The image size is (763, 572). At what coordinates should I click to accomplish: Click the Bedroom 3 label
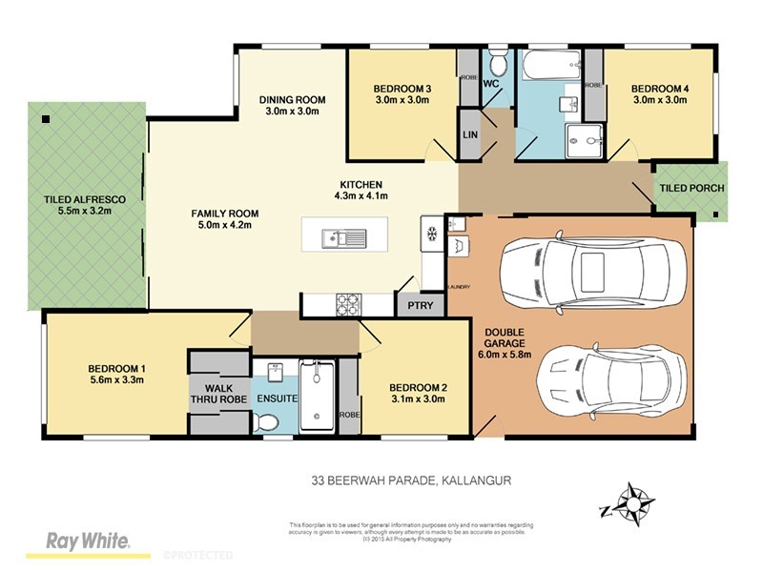point(402,89)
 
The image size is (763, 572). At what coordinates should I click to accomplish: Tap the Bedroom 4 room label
point(660,89)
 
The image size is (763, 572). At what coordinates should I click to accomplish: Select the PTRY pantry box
point(420,306)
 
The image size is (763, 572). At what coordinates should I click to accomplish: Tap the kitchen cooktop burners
point(346,305)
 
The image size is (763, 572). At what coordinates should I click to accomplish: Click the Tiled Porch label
point(691,188)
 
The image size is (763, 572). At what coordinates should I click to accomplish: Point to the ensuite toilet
point(270,421)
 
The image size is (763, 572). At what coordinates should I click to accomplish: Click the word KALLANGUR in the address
point(477,481)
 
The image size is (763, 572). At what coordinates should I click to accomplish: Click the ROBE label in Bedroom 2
point(349,416)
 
